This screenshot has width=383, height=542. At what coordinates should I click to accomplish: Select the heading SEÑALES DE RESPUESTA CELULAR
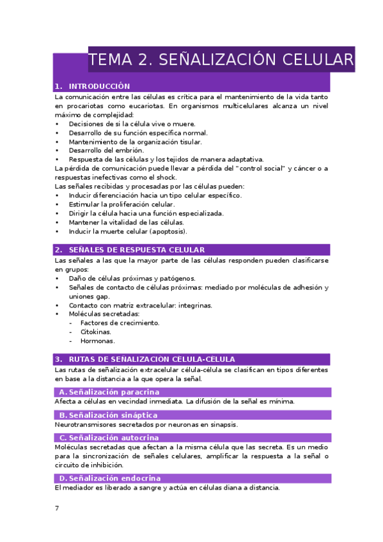pyautogui.click(x=137, y=250)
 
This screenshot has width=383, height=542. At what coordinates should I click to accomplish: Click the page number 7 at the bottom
pyautogui.click(x=57, y=508)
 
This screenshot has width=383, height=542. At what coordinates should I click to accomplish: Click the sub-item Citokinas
pyautogui.click(x=96, y=332)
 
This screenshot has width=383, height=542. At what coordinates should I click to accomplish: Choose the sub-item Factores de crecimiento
pyautogui.click(x=120, y=323)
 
